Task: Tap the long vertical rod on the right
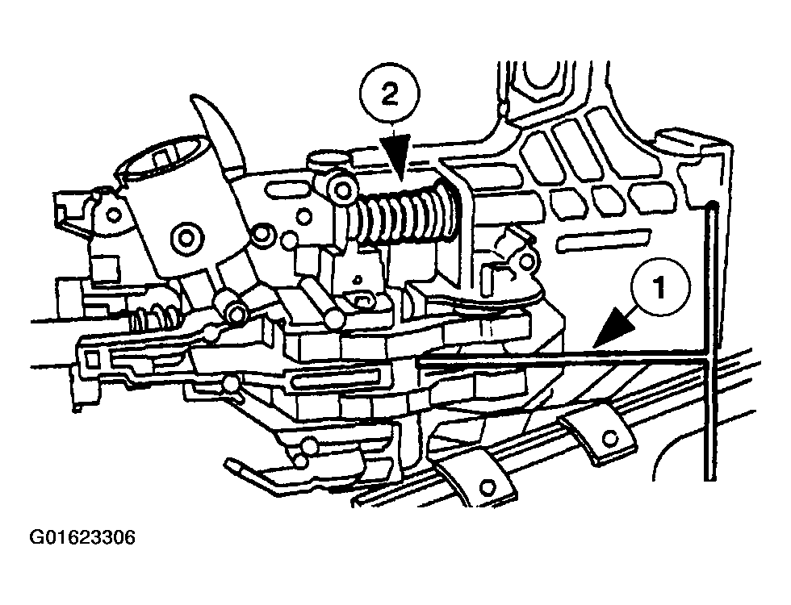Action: click(x=708, y=339)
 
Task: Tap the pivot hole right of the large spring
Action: click(x=528, y=261)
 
